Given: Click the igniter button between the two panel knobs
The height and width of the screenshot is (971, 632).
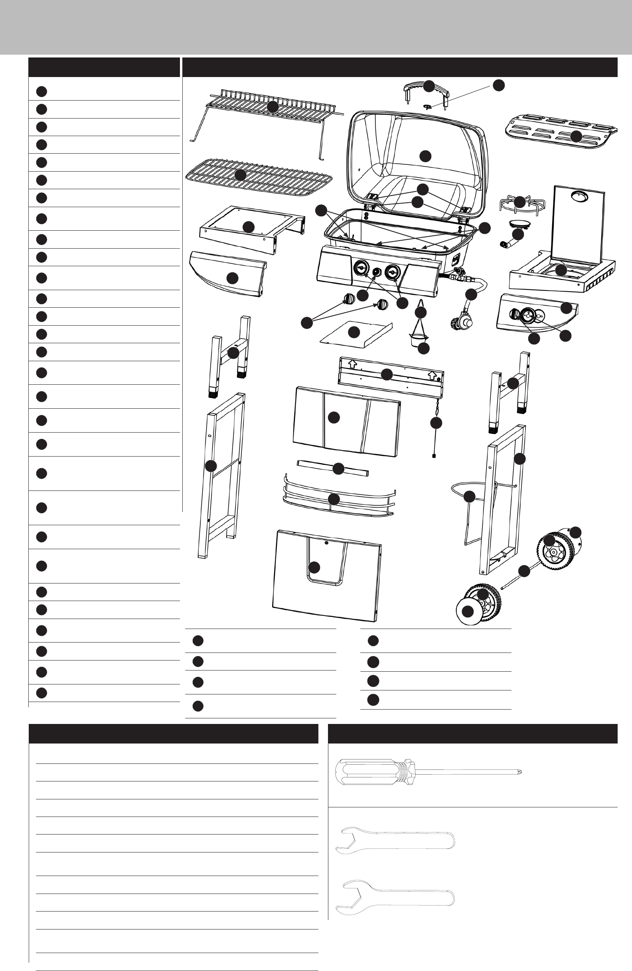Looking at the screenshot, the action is point(376,272).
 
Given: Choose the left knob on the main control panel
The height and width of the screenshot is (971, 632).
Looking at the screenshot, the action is point(361,269).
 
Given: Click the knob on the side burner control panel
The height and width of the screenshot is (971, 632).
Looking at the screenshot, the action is point(514,314).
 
